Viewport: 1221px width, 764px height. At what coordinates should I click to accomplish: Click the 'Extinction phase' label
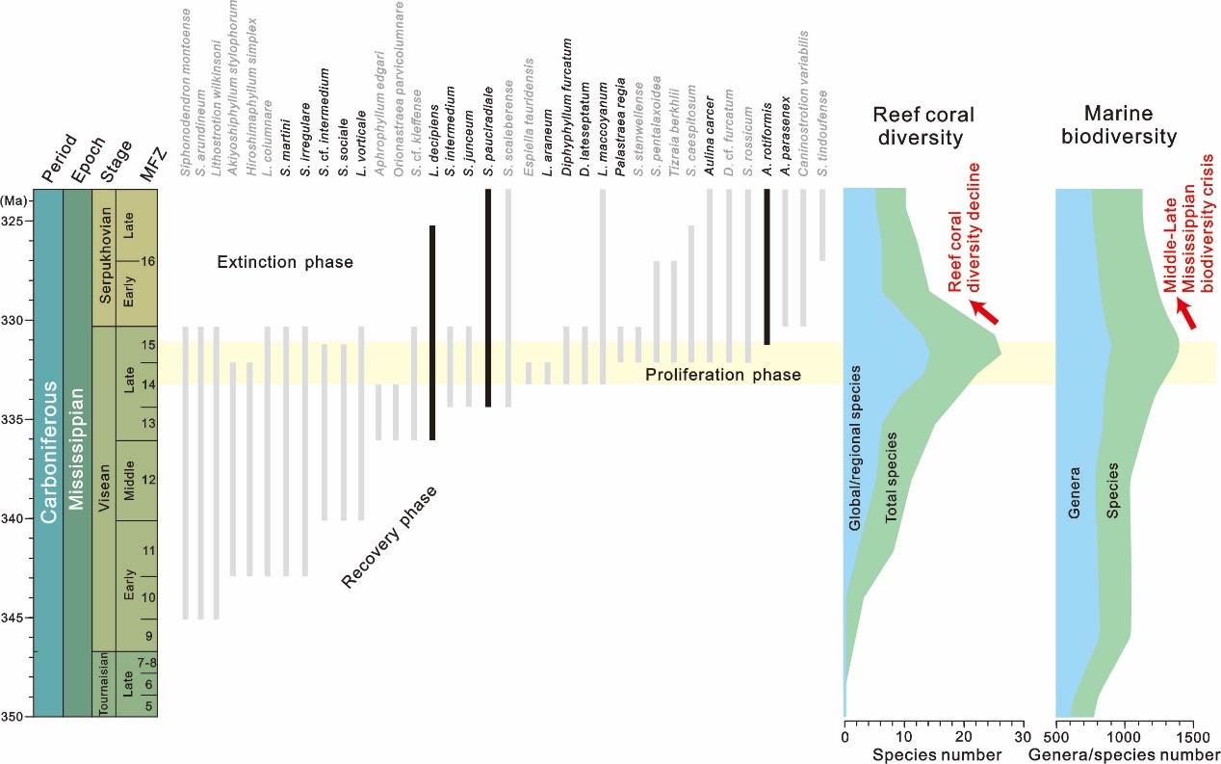point(285,262)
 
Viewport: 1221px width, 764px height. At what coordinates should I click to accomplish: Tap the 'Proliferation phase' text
point(722,374)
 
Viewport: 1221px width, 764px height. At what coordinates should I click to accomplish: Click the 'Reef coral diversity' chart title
point(922,126)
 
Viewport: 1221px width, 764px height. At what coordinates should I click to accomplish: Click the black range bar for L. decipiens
point(432,332)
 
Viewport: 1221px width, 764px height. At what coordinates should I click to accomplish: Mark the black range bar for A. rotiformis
point(766,266)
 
